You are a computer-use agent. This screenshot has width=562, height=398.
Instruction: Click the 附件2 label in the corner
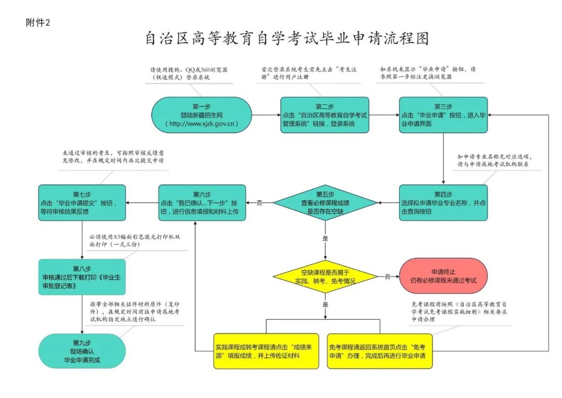[37, 22]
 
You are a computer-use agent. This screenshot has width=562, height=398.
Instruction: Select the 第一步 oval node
[201, 115]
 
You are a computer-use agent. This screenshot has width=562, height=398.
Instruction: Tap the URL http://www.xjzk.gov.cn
[202, 124]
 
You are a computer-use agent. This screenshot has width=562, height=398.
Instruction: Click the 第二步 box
[325, 115]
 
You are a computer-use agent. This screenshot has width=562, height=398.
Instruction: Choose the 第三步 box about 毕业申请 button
[443, 115]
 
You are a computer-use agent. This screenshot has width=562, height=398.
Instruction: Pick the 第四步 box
[443, 203]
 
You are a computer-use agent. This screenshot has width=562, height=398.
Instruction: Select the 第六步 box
[202, 203]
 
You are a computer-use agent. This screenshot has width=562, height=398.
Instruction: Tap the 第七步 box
[83, 203]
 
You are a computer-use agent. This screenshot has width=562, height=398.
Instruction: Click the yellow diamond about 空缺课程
[326, 276]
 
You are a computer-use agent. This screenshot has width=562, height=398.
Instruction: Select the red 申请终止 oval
[443, 276]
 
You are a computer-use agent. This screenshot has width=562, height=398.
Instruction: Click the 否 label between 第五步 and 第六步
[259, 203]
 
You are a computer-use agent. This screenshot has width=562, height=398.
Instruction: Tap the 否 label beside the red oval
[388, 277]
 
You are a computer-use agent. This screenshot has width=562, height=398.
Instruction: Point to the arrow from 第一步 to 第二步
[266, 115]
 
